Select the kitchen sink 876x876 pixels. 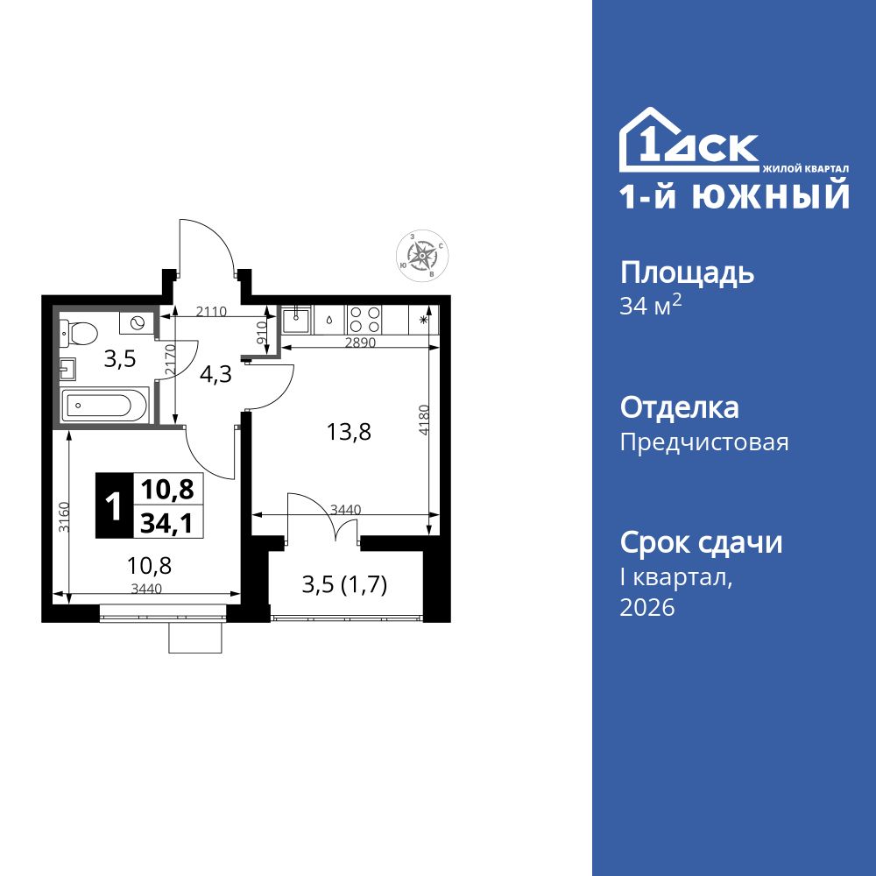point(296,319)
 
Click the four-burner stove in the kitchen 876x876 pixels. point(364,319)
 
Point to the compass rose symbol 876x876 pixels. point(423,255)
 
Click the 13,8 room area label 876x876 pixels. point(343,432)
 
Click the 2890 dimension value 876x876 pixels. point(359,343)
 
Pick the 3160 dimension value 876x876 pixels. point(62,517)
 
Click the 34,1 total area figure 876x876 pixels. point(167,523)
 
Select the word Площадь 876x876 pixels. point(687,273)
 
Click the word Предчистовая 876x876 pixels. point(704,442)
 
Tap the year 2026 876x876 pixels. point(647,608)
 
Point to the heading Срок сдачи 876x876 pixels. point(701,543)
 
